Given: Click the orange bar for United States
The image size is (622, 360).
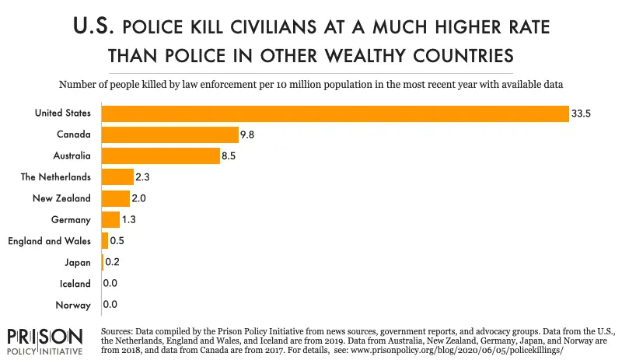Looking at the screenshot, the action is [335, 114].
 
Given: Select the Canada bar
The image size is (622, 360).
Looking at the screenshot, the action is [170, 135].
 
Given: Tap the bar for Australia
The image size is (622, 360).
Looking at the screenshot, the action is [161, 156].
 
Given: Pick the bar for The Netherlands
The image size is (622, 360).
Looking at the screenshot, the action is [117, 177].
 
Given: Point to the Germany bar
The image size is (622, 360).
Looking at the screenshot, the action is [110, 219].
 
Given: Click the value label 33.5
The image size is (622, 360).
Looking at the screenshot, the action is [581, 114].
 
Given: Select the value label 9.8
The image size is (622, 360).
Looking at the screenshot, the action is [246, 135].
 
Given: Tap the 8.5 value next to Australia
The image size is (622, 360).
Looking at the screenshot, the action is [229, 156].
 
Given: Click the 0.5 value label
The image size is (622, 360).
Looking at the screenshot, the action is [117, 241].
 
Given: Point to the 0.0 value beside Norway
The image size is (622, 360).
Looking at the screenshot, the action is [110, 305].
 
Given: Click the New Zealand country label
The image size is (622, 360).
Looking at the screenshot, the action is [61, 198].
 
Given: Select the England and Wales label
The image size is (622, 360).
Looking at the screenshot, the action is [49, 241].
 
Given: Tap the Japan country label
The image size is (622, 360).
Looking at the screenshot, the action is [78, 262].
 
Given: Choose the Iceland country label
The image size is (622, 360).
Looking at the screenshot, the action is [75, 283].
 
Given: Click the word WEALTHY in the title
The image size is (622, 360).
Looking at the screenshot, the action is [364, 55].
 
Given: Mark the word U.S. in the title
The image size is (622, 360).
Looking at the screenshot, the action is [93, 26].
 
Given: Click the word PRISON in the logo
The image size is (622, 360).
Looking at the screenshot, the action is [45, 337].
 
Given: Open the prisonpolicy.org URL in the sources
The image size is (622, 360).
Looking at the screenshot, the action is [457, 351].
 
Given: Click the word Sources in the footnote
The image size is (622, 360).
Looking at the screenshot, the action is [117, 331].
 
